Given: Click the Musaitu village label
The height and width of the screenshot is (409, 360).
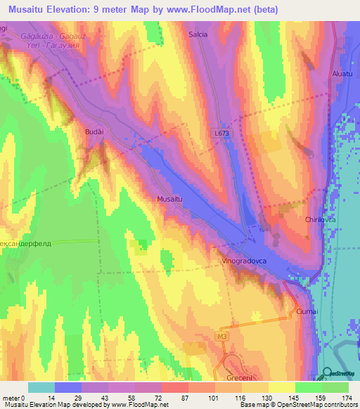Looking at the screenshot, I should coord(171,200).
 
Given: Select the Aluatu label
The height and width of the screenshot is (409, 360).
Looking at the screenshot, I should coord(342,73).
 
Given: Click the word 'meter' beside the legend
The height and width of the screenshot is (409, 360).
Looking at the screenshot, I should coord(12,398).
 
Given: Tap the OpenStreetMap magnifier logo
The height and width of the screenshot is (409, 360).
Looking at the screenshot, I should coord(328,373).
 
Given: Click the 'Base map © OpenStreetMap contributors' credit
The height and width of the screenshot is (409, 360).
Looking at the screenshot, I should coord(298,405).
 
